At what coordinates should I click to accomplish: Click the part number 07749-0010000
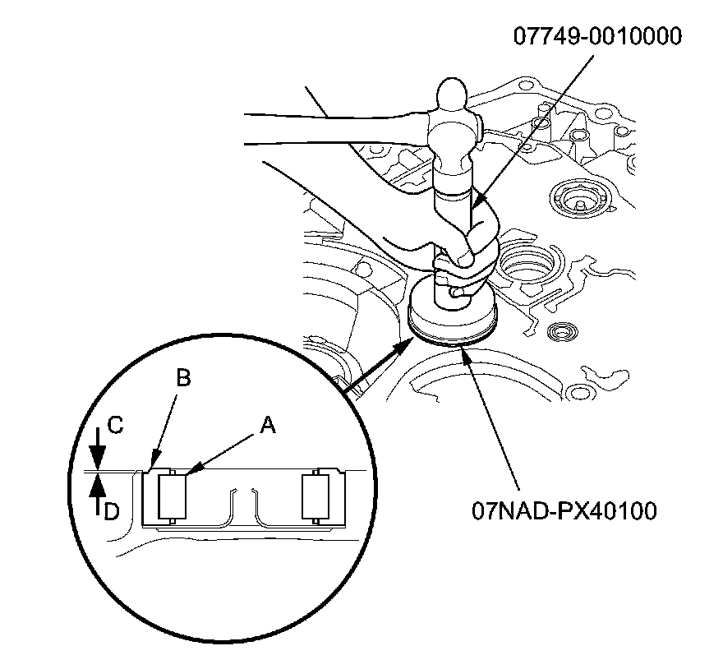[597, 37]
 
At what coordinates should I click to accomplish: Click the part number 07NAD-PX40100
[564, 511]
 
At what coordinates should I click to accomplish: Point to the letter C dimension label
[116, 426]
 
